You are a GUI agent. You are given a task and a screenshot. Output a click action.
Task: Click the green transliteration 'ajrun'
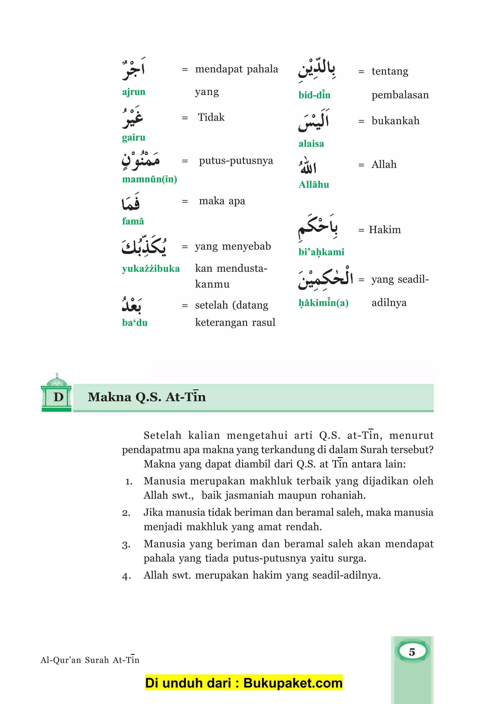point(134,92)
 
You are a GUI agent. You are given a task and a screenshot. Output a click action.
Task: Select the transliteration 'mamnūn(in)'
point(149,179)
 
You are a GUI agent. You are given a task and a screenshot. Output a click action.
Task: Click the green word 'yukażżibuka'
point(151,268)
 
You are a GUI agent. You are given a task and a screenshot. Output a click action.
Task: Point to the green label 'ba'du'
point(135,322)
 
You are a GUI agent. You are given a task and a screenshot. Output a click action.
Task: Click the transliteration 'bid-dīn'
point(314,95)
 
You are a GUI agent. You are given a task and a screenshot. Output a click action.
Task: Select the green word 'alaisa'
point(311,144)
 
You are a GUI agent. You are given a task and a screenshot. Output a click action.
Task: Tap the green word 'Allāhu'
point(314,184)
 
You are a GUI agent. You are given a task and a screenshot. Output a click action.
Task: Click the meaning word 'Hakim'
point(385,230)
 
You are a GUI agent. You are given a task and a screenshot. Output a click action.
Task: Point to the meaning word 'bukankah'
point(395,121)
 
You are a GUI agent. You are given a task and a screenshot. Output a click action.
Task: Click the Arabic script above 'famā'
point(131,202)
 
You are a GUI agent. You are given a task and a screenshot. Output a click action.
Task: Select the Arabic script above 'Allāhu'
point(308,166)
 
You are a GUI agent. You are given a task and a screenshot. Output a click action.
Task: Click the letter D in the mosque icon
point(58,397)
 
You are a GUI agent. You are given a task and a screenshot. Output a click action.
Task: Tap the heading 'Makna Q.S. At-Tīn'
point(147,397)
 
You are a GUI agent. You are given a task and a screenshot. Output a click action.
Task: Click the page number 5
point(412,652)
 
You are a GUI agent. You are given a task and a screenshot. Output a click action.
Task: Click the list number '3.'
point(126,545)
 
